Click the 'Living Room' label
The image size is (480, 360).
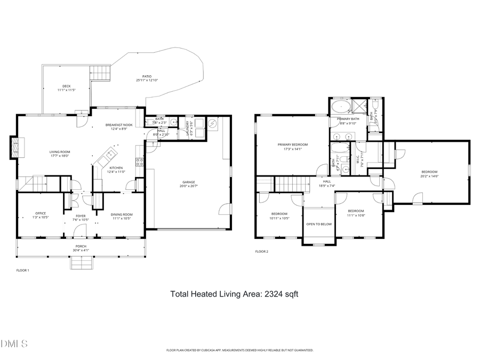60,151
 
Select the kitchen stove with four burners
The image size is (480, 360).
140,162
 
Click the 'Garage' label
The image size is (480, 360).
188,182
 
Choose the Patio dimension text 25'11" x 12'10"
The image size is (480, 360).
147,81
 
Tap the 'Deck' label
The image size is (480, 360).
66,86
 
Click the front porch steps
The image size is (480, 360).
82,262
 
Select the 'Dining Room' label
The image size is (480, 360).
122,214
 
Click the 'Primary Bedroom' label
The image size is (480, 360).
292,145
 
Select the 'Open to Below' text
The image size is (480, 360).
319,224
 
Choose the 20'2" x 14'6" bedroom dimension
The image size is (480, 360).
429,176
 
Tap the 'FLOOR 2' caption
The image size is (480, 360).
261,251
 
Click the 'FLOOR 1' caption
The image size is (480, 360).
22,270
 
